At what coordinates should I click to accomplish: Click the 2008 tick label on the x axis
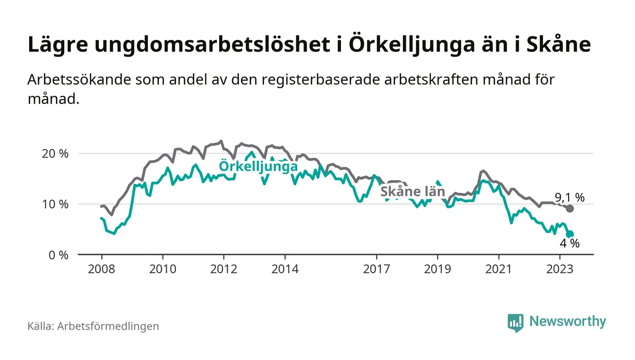pyautogui.click(x=101, y=269)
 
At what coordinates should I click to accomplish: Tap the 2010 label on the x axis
pyautogui.click(x=162, y=269)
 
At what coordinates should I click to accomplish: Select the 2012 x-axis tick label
pyautogui.click(x=223, y=269)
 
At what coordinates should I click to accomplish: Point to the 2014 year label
pyautogui.click(x=284, y=269)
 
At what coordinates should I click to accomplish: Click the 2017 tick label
pyautogui.click(x=376, y=269)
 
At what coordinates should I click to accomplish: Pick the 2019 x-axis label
pyautogui.click(x=437, y=269)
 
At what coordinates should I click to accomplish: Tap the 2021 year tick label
pyautogui.click(x=498, y=269)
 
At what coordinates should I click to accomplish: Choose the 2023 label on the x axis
pyautogui.click(x=560, y=269)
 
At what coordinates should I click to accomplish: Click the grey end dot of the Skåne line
pyautogui.click(x=570, y=209)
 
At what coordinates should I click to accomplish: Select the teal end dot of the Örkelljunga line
pyautogui.click(x=570, y=234)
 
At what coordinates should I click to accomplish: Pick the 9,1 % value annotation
pyautogui.click(x=570, y=197)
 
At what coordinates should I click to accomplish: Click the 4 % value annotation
pyautogui.click(x=570, y=243)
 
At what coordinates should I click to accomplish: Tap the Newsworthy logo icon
pyautogui.click(x=515, y=322)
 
